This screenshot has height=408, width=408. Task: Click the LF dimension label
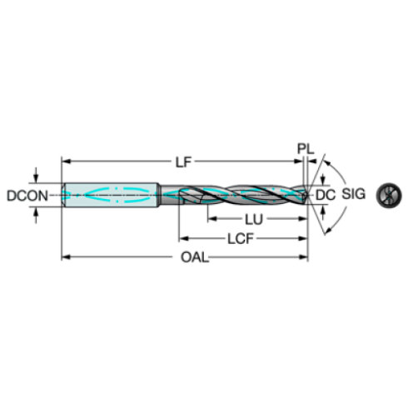point(183,162)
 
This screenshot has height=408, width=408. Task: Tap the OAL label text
point(194,257)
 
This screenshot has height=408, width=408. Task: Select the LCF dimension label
point(241,239)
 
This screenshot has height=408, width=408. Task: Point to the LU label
point(254,220)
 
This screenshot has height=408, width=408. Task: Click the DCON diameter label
point(27,196)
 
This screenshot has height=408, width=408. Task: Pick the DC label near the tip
point(326,195)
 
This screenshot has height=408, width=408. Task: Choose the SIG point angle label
point(353,193)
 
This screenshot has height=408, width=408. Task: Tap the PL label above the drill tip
point(306,149)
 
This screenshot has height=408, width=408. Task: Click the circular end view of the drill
point(389,196)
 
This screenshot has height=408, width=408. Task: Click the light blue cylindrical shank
point(111,195)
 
